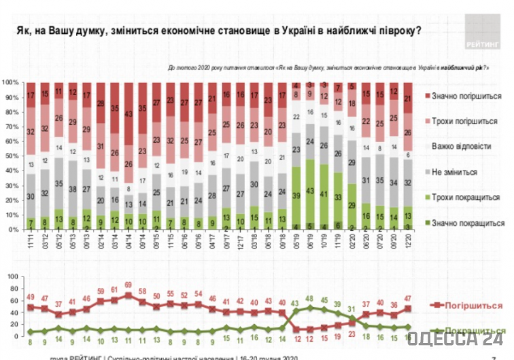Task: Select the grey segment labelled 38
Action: click(73, 190)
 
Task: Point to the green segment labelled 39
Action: click(294, 194)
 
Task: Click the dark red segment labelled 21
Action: click(407, 99)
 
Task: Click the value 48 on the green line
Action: click(309, 298)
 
